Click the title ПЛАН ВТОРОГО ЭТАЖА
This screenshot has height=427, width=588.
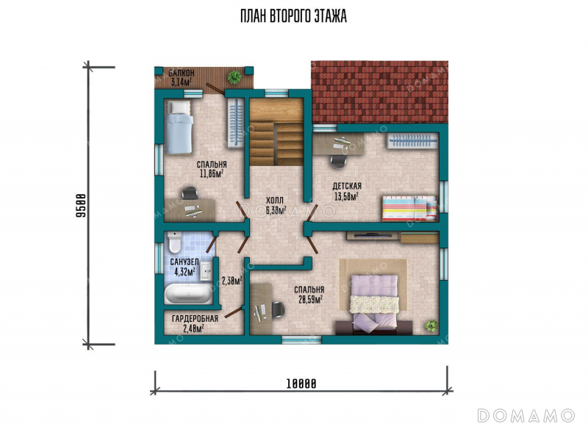[x=293, y=16]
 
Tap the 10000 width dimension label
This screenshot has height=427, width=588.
[x=301, y=384]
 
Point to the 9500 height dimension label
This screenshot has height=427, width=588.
[x=81, y=205]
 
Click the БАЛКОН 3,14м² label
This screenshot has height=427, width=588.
[x=181, y=78]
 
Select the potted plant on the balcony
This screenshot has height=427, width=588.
[x=234, y=77]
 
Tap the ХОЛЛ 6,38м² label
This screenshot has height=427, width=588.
[x=276, y=205]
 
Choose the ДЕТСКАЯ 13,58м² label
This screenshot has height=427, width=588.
[x=347, y=191]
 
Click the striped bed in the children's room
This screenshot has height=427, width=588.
[x=409, y=208]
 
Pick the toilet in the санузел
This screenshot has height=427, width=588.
[x=174, y=242]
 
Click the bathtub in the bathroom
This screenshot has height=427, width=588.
[x=189, y=293]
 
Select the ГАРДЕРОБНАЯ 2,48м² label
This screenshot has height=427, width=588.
[x=195, y=323]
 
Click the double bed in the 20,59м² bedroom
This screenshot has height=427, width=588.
[x=373, y=303]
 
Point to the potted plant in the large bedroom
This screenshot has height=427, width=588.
[x=431, y=325]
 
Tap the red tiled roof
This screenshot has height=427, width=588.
[x=379, y=92]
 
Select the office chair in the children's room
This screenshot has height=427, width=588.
[x=338, y=161]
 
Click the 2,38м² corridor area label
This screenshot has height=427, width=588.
[x=232, y=281]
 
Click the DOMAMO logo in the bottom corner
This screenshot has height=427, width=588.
[x=526, y=415]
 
